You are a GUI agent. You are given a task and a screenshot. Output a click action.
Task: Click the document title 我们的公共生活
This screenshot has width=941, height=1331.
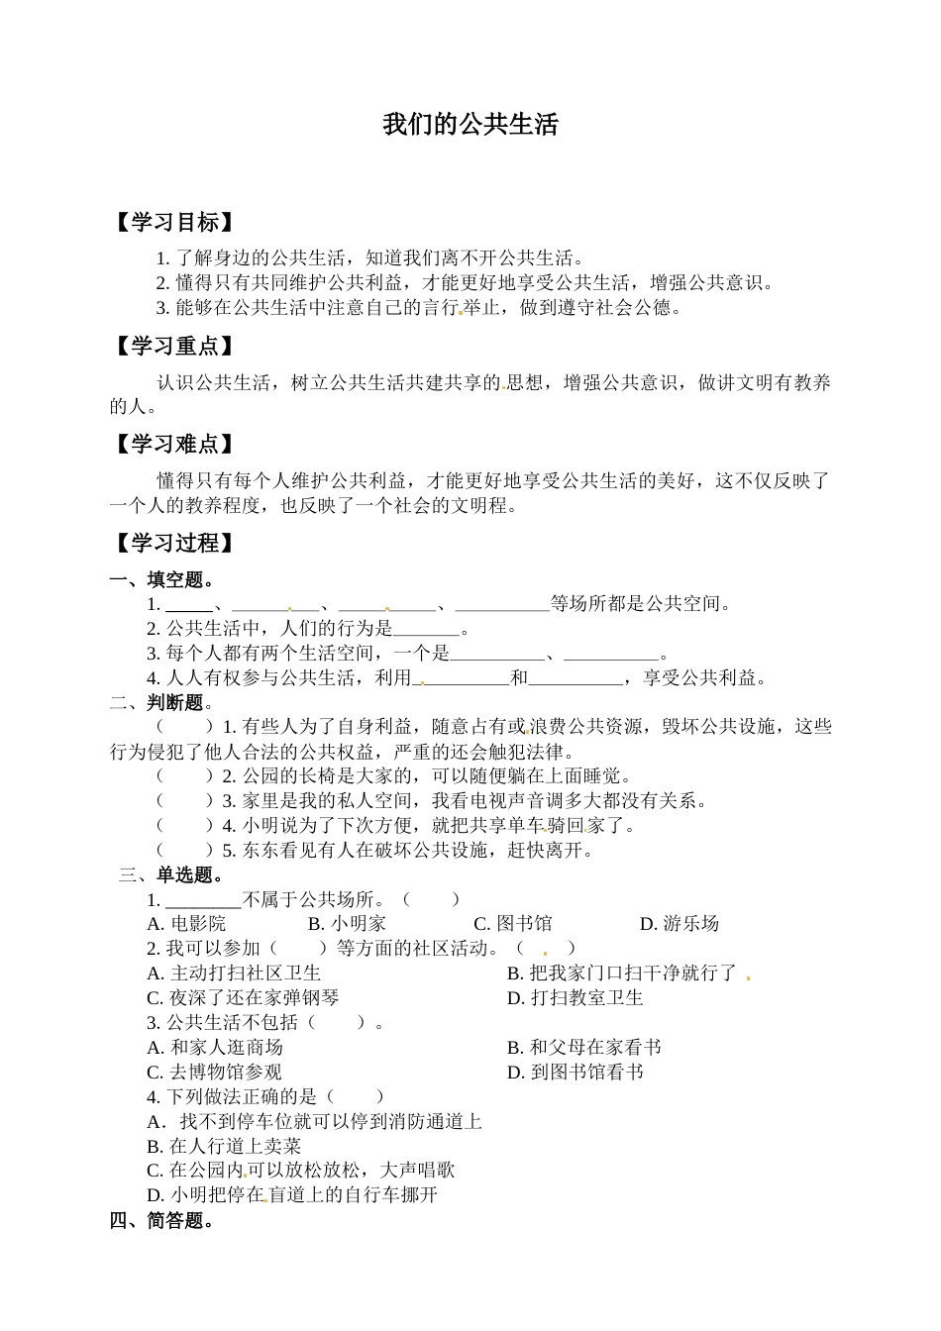point(470,125)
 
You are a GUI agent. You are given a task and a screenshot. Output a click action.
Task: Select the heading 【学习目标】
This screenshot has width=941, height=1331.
point(174,223)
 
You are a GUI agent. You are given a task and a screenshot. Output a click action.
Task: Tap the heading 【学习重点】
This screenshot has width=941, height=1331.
point(174,347)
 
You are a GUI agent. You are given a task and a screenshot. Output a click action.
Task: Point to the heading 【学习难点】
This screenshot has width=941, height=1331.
point(174,445)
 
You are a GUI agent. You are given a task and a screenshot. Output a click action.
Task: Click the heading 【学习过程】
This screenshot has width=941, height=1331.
point(174,543)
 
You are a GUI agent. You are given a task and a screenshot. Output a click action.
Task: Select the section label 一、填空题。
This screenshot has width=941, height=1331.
point(162,579)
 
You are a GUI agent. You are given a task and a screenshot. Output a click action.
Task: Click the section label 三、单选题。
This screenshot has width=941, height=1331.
point(171,874)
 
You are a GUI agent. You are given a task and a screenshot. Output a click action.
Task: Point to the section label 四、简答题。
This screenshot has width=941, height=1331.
point(162,1220)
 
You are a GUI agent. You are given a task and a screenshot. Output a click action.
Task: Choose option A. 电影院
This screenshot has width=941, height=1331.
point(186,924)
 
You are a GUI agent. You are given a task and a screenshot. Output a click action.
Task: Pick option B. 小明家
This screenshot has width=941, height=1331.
point(347,924)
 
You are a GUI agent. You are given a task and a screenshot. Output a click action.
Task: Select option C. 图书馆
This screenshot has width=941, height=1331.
point(513,924)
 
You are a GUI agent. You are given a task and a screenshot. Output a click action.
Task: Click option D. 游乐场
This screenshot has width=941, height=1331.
point(680,924)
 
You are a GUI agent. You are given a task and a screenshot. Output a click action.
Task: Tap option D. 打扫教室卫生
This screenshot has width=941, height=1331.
point(575,998)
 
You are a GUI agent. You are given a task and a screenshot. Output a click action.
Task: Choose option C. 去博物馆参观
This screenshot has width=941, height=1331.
point(215,1072)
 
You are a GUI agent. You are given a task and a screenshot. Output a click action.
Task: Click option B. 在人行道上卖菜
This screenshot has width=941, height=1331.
point(224,1146)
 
